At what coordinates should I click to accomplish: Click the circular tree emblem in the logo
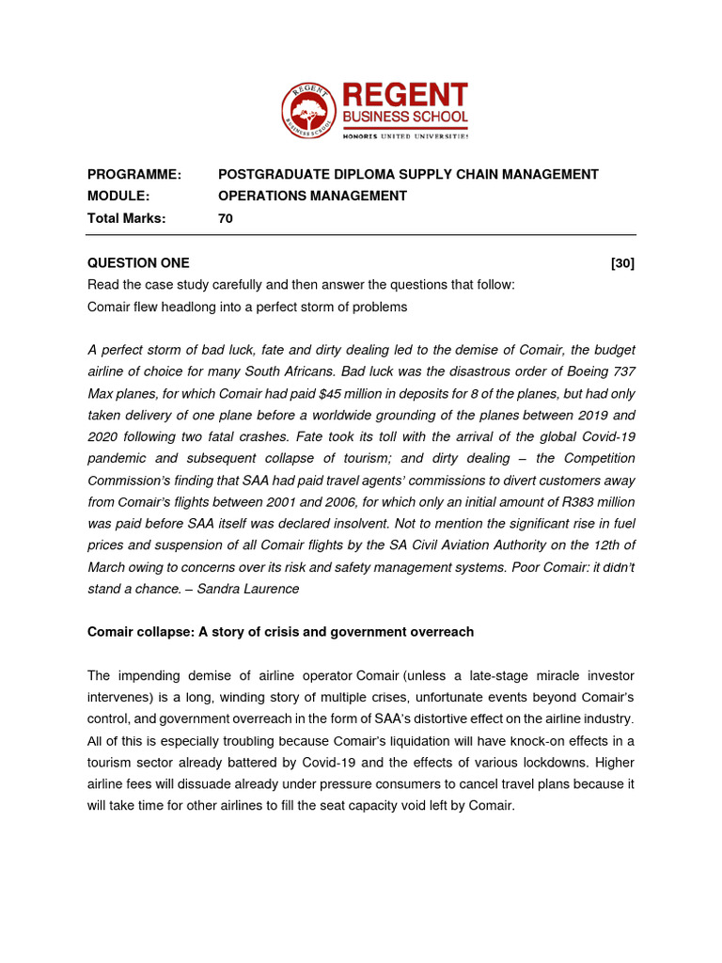pos(309,111)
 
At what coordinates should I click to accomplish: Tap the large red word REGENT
pos(404,95)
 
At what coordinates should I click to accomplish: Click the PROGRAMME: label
pos(133,174)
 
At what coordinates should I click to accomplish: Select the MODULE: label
pos(118,196)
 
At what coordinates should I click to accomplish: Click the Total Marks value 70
pos(226,218)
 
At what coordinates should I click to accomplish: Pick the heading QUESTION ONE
pos(138,263)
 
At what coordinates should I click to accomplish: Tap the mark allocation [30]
pos(622,263)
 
